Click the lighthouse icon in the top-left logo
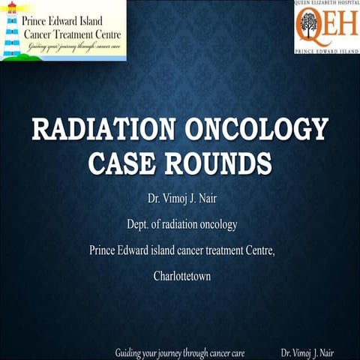[12, 31]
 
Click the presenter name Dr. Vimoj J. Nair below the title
[180, 202]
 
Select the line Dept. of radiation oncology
[180, 226]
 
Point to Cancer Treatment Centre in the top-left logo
[73, 35]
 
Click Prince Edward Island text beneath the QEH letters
[326, 52]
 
